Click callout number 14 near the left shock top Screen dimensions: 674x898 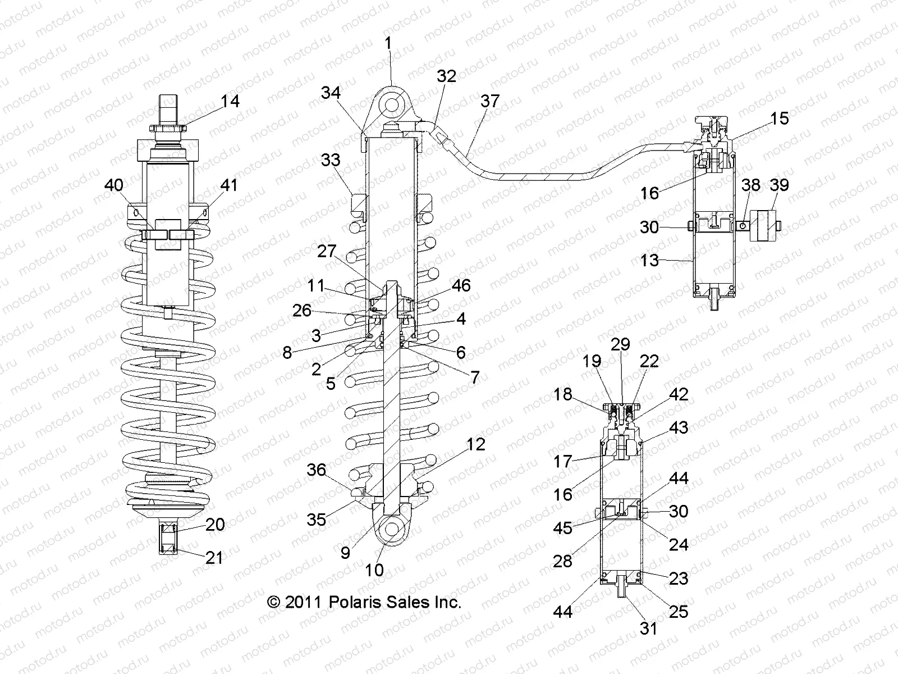[x=230, y=101]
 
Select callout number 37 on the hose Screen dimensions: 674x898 [x=490, y=101]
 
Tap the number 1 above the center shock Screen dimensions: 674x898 [x=388, y=43]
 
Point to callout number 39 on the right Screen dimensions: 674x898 [x=780, y=185]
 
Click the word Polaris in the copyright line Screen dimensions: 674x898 [x=357, y=603]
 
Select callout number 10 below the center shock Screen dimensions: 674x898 [x=374, y=570]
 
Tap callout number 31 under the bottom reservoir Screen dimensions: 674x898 [x=649, y=628]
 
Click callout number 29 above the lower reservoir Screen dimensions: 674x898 [x=621, y=344]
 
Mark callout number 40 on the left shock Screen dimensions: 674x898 [x=114, y=185]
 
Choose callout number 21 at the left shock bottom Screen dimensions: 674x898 [x=214, y=558]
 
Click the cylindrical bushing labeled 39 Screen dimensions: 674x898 [x=762, y=225]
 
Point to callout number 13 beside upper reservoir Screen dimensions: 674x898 [x=649, y=261]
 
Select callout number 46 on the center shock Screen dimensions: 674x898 [x=461, y=286]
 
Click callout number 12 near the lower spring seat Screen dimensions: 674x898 [x=476, y=444]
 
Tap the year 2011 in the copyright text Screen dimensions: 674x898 [x=303, y=603]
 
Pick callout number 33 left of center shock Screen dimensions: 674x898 [x=331, y=160]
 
